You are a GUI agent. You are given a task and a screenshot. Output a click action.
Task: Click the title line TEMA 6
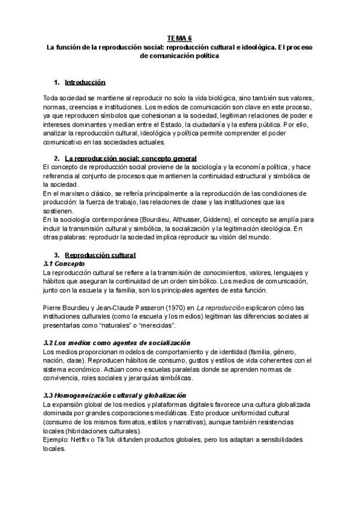click(x=180, y=37)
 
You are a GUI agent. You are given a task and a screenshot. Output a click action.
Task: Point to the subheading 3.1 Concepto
click(x=64, y=264)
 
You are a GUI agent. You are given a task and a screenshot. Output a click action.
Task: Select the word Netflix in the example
click(x=80, y=439)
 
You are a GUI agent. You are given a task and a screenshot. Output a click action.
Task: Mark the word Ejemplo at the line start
click(x=56, y=439)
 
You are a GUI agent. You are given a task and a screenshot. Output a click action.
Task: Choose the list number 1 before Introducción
click(x=56, y=82)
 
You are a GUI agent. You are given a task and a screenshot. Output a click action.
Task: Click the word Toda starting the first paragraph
click(x=51, y=97)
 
